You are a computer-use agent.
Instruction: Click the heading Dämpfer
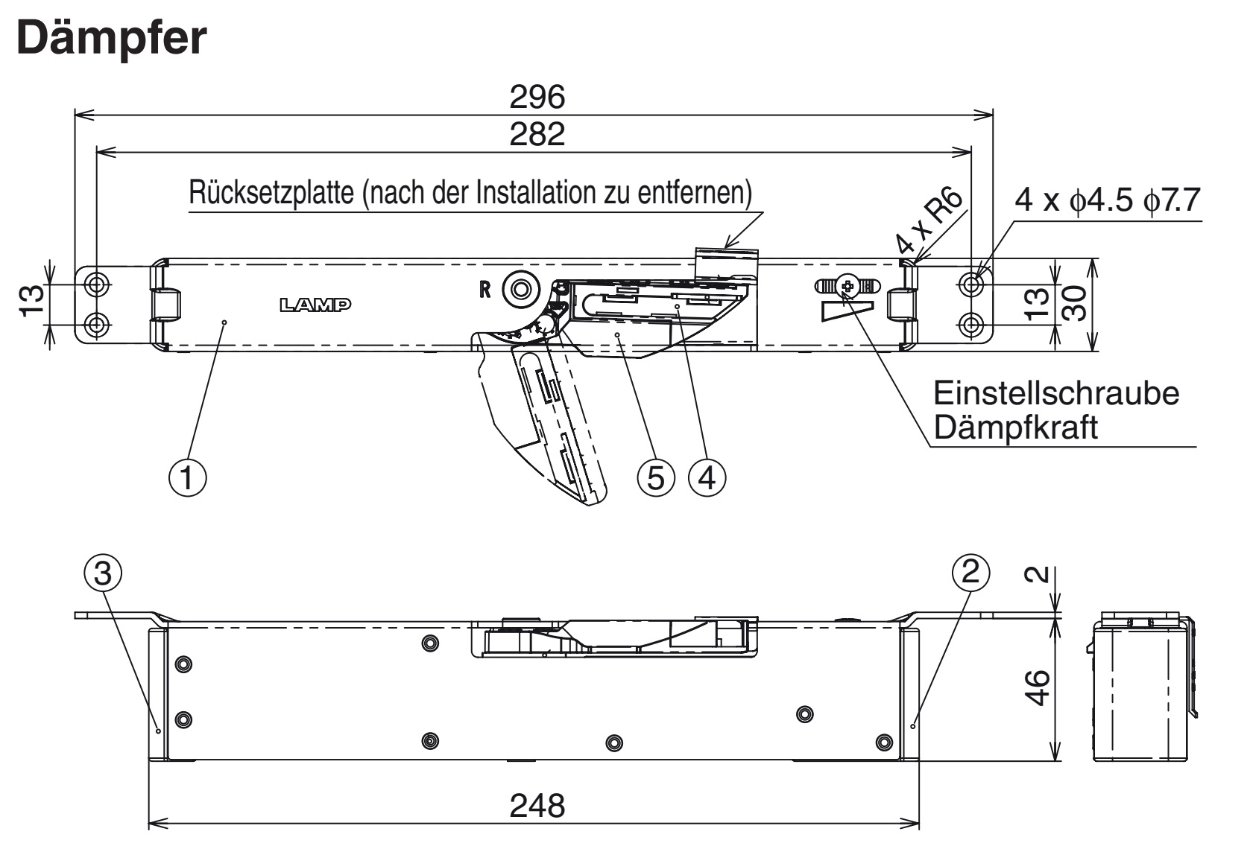[x=111, y=39]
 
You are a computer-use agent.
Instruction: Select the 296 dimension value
[x=537, y=98]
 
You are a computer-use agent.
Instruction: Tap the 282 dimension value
[x=537, y=135]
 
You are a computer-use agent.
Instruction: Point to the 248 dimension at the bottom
[x=537, y=806]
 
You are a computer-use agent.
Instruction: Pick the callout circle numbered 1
[x=187, y=477]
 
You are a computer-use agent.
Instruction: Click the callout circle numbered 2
[x=970, y=572]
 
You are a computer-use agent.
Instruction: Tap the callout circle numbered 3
[x=104, y=573]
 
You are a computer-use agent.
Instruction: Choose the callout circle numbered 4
[x=707, y=477]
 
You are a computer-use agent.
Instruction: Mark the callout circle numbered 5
[x=655, y=477]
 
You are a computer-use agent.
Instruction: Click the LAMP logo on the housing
[x=315, y=304]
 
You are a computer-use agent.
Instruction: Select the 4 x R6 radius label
[x=929, y=220]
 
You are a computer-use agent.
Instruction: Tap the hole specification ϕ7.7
[x=1169, y=199]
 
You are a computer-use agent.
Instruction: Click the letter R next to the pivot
[x=484, y=290]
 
